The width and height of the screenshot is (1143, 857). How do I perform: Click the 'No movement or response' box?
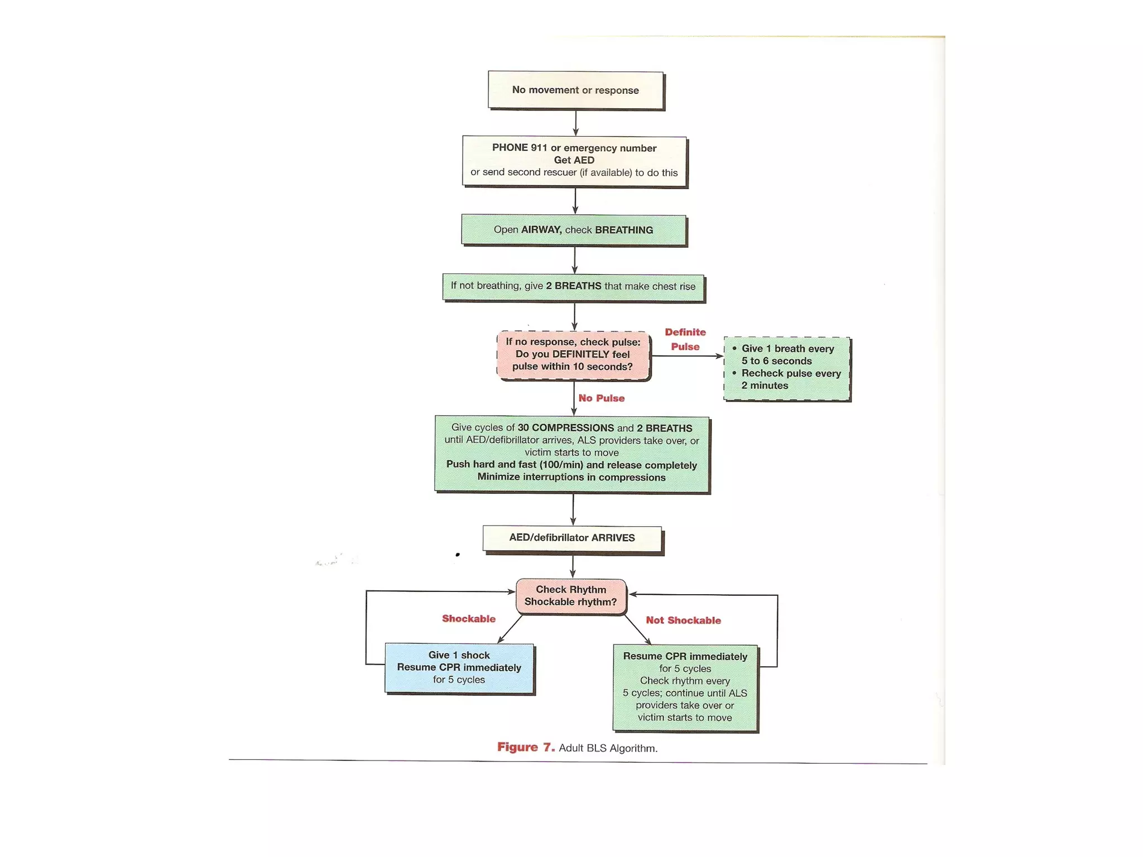click(x=575, y=90)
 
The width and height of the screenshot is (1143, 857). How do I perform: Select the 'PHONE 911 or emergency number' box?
click(x=574, y=161)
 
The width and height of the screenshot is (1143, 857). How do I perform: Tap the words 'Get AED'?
click(x=574, y=160)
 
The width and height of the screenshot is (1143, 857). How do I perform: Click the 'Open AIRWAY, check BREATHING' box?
click(x=573, y=230)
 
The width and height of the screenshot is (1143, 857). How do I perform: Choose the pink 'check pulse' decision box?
click(x=573, y=354)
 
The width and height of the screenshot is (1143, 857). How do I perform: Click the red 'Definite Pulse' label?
click(x=685, y=339)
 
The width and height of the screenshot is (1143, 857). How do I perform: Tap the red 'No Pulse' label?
click(x=601, y=398)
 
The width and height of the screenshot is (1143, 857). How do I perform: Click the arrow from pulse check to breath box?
click(x=687, y=356)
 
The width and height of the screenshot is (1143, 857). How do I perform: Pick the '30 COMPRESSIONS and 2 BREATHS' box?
click(x=571, y=453)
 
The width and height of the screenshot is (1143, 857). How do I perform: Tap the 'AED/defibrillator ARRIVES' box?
click(x=572, y=538)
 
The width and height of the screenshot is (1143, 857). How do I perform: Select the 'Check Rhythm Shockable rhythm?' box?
click(x=571, y=596)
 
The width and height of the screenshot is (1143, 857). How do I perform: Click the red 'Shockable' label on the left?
click(x=468, y=619)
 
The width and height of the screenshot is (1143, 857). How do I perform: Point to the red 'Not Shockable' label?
click(x=683, y=620)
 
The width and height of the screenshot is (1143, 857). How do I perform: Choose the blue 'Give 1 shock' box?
click(x=459, y=668)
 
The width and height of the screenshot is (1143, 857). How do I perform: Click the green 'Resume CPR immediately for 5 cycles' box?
click(x=685, y=687)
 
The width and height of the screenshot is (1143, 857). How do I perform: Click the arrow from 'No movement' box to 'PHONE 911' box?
click(x=575, y=122)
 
